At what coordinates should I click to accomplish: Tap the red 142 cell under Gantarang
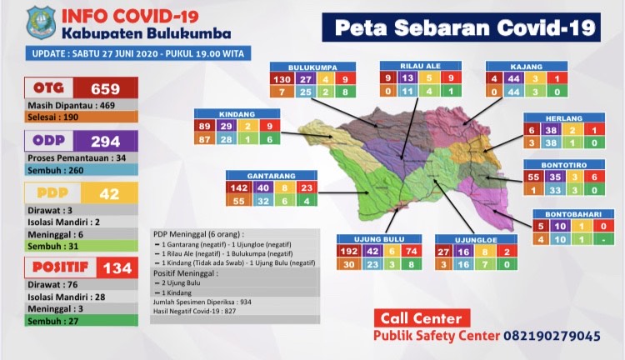[x=238, y=188]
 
